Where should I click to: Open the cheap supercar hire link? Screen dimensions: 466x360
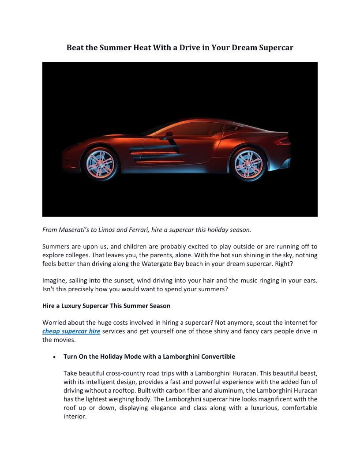tap(71, 331)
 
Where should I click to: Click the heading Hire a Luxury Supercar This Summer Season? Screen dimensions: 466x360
tap(106, 306)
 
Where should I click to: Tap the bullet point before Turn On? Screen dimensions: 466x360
tap(53, 357)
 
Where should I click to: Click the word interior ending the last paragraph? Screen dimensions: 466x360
tap(75, 417)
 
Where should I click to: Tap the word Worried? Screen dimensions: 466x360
tap(55, 323)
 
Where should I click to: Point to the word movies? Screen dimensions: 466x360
tap(66, 340)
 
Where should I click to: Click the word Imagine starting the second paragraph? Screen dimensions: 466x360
tap(55, 281)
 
